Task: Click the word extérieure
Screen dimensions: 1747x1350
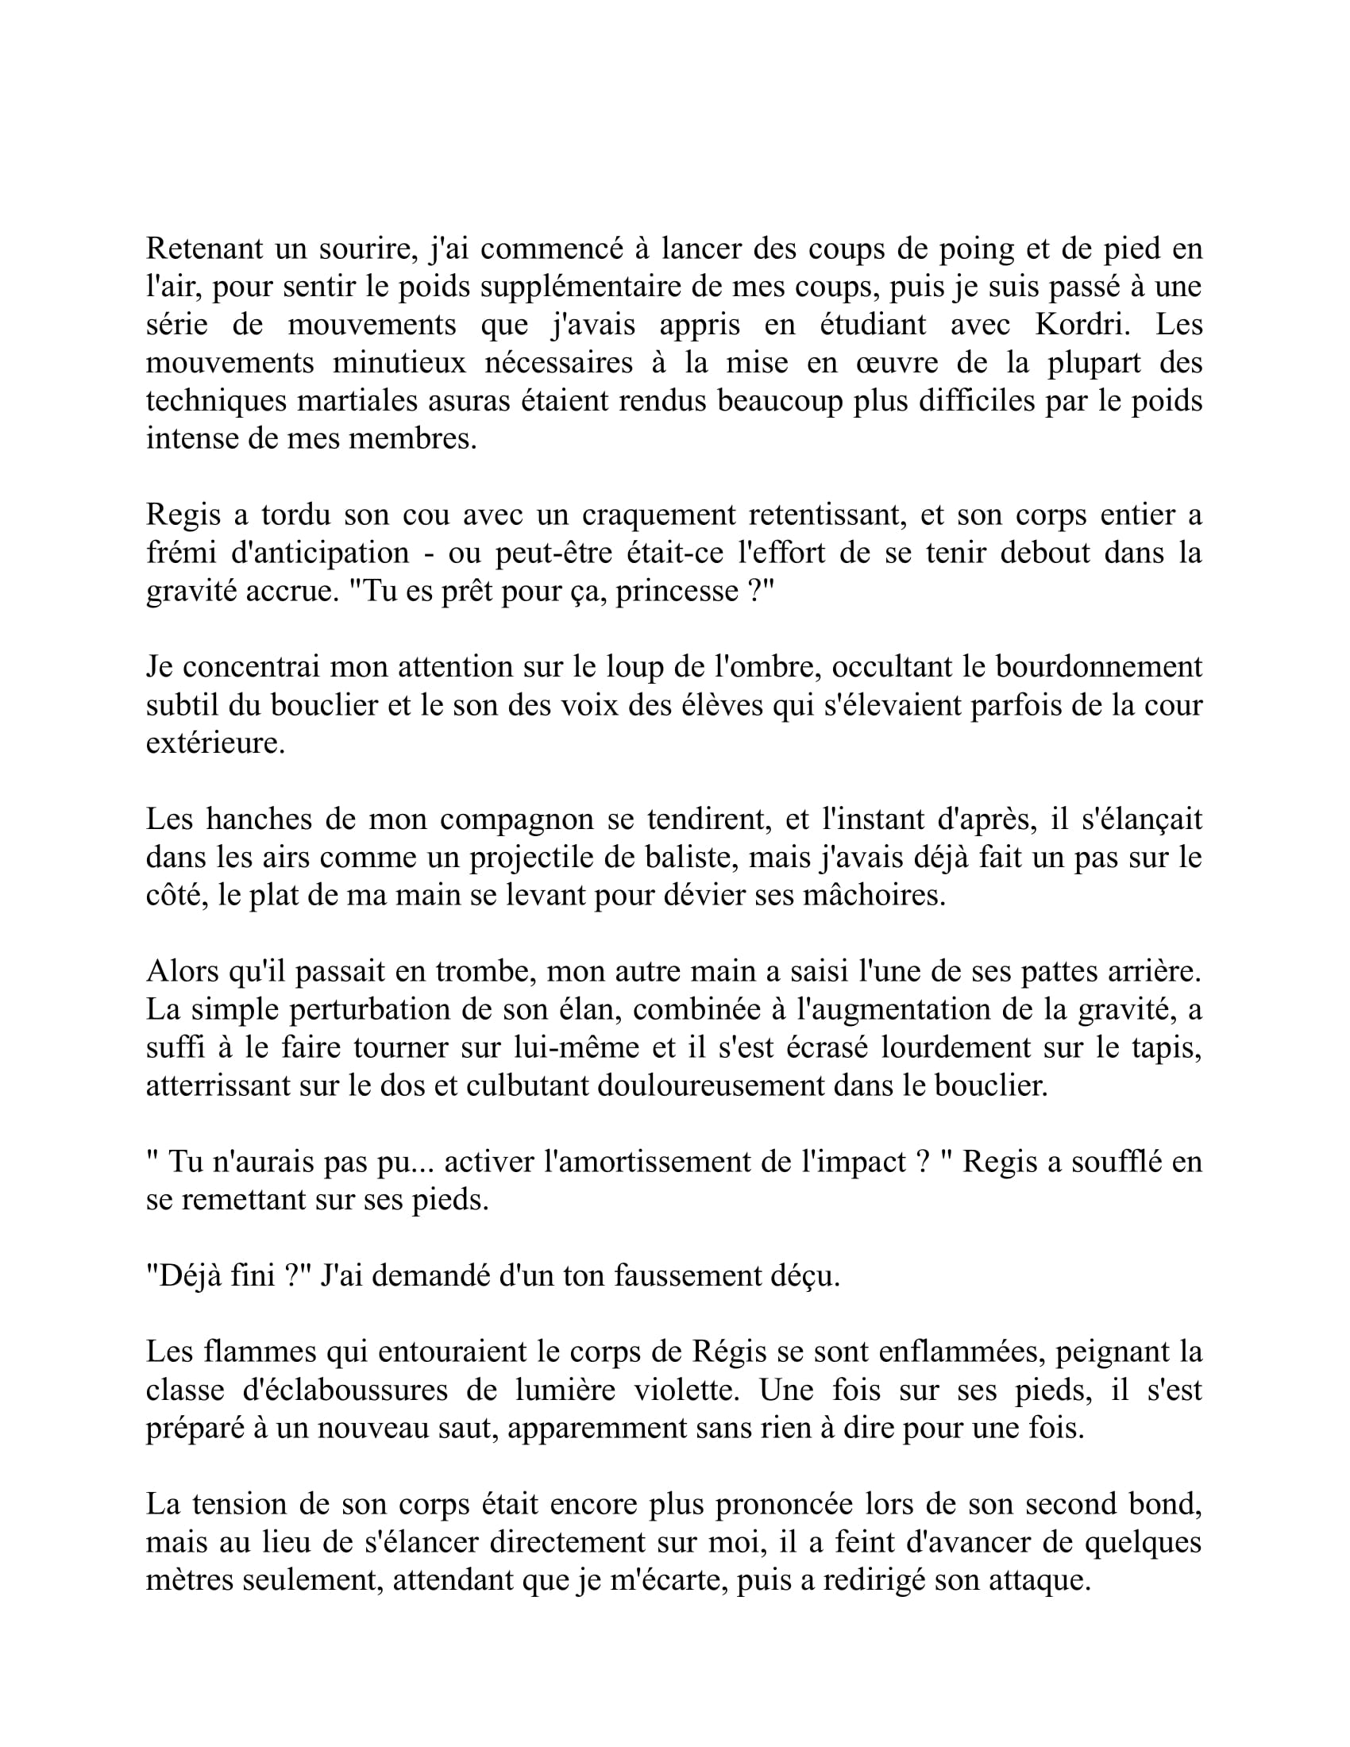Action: [215, 743]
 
